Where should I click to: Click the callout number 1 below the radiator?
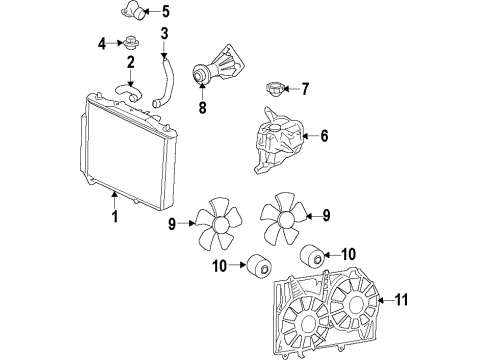click(115, 215)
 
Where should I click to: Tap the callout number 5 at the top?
click(166, 13)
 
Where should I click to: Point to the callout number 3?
click(164, 35)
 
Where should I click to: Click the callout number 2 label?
click(130, 63)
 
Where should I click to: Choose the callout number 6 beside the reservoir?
click(324, 136)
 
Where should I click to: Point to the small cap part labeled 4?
click(130, 43)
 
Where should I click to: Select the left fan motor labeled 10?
click(263, 267)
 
